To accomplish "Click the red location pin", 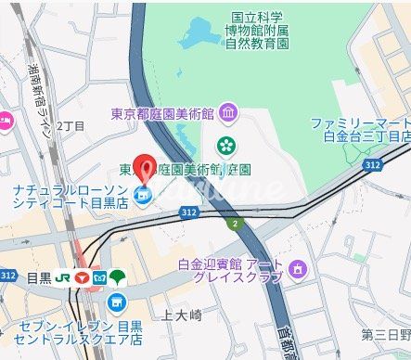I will pos(146,165).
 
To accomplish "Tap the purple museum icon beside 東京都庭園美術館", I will pos(228,114).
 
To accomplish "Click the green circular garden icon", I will pos(225,145).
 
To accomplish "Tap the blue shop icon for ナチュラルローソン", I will pos(142,195).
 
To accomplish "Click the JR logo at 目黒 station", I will pos(63,276).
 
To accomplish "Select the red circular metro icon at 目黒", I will pos(83,276).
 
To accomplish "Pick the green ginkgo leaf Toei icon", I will pos(117,276).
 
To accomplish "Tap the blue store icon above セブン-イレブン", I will pos(116,302).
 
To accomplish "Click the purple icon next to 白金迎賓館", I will pos(297,270).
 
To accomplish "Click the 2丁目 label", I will pos(71,125).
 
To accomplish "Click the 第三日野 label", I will pos(386,334).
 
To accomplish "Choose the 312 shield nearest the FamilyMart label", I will pos(372,163).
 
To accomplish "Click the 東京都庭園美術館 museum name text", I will pos(162,114).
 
